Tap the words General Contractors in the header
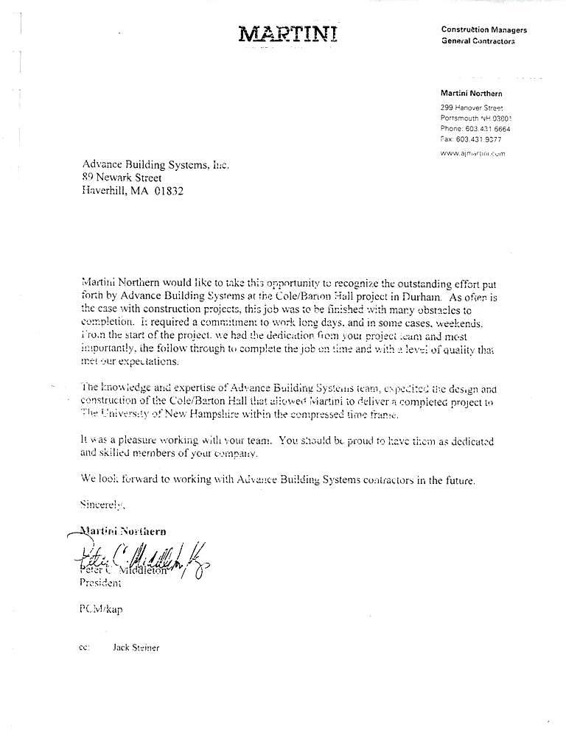click(x=478, y=41)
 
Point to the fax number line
click(x=471, y=138)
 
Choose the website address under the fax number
click(x=472, y=153)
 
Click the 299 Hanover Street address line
click(x=471, y=108)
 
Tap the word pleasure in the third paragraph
click(x=130, y=440)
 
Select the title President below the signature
click(x=99, y=583)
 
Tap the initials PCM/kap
click(x=101, y=610)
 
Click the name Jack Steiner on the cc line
click(x=136, y=647)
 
